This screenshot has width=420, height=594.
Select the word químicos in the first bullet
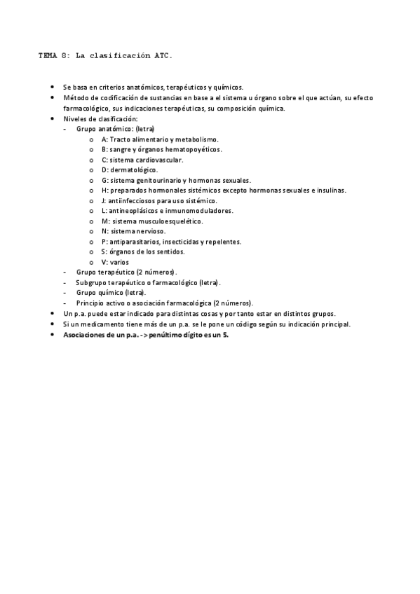[226, 88]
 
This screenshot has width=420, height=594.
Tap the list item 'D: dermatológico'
[130, 170]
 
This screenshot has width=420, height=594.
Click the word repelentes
[223, 241]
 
